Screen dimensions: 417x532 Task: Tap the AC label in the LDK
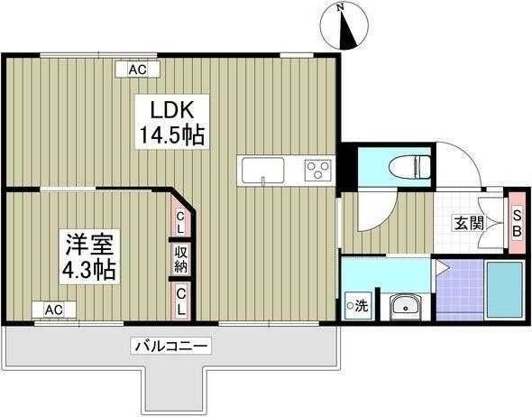pos(137,69)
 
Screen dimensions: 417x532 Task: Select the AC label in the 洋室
pos(54,309)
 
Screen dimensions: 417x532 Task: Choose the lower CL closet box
pos(181,300)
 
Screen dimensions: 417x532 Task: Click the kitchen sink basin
pos(262,169)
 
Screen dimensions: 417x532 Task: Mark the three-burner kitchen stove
pos(317,169)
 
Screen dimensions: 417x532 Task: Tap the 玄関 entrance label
pos(466,224)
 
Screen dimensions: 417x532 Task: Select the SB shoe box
pos(517,220)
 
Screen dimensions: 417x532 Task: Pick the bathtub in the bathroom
pos(505,289)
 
